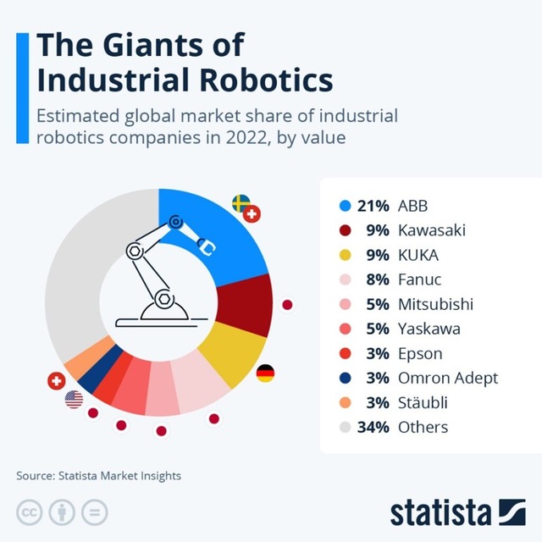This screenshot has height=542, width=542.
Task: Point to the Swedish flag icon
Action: point(241,203)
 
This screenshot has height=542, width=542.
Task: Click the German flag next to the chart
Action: point(265,373)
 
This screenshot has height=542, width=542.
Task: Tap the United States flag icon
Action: point(74,398)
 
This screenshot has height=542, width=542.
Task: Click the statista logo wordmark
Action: point(440,512)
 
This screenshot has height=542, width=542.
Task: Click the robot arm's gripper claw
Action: point(206,245)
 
